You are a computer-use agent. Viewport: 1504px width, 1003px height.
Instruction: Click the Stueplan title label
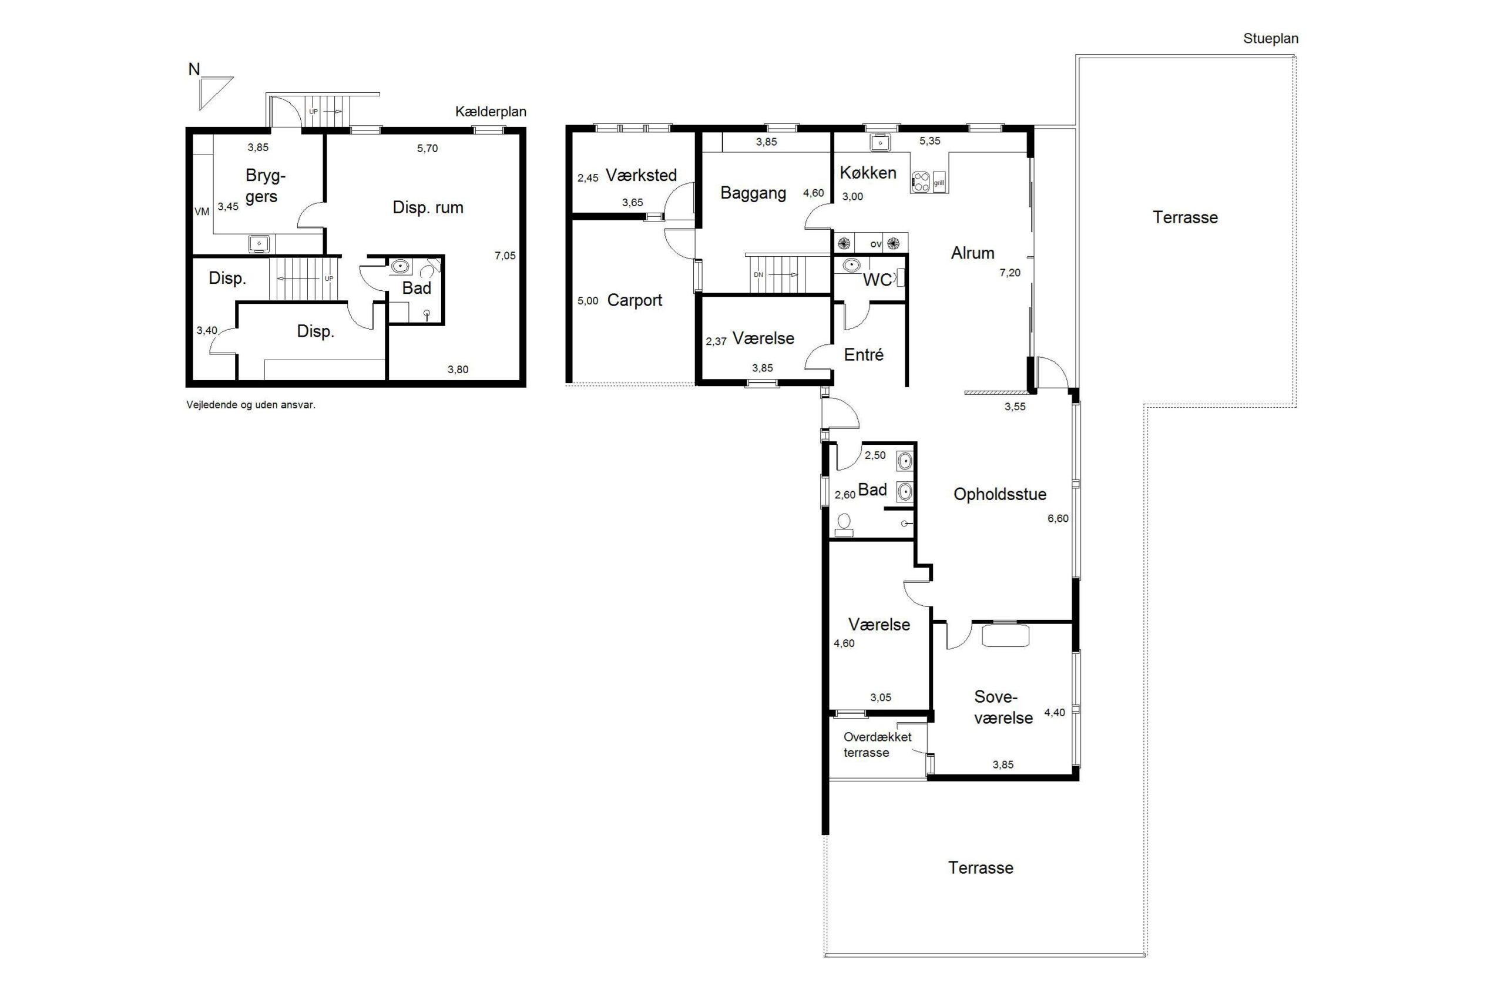(1270, 39)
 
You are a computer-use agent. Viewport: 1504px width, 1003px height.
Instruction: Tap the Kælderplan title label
(491, 112)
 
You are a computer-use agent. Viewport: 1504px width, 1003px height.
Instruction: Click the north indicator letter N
(194, 69)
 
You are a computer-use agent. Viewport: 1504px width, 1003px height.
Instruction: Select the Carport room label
(634, 300)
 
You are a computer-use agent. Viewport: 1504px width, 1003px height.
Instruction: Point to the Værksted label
(641, 175)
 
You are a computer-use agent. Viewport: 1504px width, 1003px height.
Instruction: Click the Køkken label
(868, 173)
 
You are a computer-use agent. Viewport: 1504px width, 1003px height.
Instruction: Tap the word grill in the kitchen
(939, 183)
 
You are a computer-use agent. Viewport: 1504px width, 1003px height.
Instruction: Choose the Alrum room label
(973, 253)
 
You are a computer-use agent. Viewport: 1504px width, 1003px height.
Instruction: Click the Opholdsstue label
(999, 495)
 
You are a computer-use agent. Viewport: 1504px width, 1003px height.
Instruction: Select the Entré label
(863, 355)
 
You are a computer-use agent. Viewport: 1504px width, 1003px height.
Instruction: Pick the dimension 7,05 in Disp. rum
(505, 256)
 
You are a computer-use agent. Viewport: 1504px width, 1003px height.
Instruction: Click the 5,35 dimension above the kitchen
(930, 141)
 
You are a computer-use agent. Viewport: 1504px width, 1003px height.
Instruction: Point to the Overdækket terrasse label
(877, 744)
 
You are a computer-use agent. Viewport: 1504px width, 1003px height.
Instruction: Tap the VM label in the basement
(202, 212)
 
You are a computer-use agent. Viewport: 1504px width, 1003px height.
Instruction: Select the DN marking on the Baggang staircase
(758, 275)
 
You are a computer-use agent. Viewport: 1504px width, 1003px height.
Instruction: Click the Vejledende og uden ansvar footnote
(251, 405)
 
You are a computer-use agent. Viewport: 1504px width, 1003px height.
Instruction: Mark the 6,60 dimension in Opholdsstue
(1057, 519)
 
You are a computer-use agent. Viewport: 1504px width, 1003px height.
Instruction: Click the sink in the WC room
(851, 265)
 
